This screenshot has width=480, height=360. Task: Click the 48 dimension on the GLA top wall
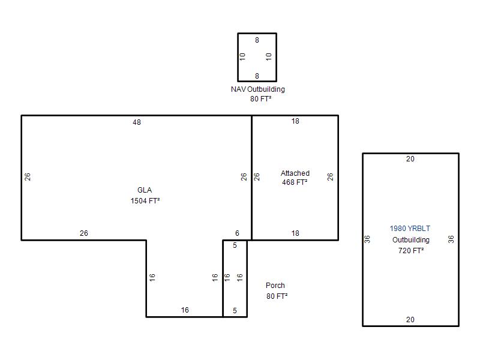[x=137, y=122]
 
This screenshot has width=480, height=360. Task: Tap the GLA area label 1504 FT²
[x=145, y=201]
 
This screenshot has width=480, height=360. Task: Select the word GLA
[x=145, y=190]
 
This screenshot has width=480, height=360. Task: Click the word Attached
[x=295, y=173]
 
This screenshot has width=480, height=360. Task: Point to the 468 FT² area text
[x=295, y=182]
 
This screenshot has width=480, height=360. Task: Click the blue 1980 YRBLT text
[x=410, y=229]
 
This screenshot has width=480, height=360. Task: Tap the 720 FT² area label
[x=411, y=251]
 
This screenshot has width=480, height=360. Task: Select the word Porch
[x=275, y=286]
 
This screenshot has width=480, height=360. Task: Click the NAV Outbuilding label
[x=258, y=89]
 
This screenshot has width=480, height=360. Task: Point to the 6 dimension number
[x=237, y=233]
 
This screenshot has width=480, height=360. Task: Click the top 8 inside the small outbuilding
[x=257, y=40]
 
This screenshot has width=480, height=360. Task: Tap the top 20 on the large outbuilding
[x=410, y=159]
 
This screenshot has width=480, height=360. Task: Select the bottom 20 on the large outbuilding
[x=410, y=320]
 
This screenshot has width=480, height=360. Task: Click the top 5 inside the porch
[x=235, y=245]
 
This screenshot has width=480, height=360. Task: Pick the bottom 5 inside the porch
[x=235, y=311]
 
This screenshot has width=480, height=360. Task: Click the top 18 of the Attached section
[x=295, y=121]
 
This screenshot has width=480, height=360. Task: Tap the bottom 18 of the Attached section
[x=295, y=233]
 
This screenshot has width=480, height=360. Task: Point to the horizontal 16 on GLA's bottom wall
[x=185, y=310]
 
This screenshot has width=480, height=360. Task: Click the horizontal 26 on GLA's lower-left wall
[x=84, y=233]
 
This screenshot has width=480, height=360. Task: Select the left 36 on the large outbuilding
[x=367, y=239]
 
